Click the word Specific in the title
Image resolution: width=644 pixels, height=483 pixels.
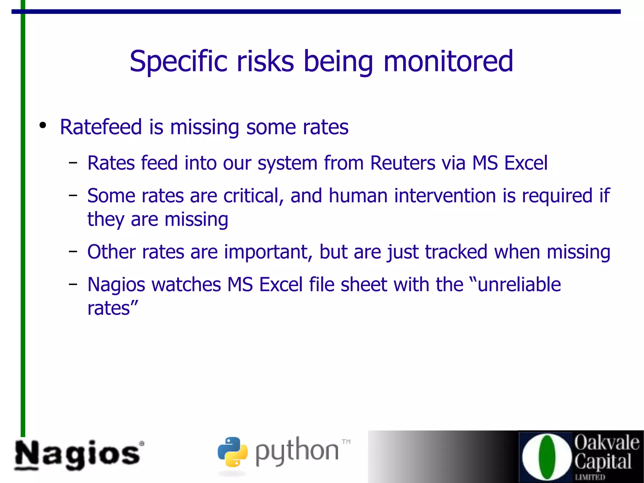pos(178,61)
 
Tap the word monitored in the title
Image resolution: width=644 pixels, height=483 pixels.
pos(448,61)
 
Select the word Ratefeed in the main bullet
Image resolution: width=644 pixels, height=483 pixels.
pos(101,127)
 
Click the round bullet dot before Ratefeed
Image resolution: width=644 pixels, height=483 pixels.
pos(43,125)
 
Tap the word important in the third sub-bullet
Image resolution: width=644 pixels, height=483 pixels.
pos(268,252)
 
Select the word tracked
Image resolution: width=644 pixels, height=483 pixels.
pos(456,252)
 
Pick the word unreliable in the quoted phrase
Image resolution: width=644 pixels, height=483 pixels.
pos(519,285)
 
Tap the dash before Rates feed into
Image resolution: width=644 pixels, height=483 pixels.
pos(73,163)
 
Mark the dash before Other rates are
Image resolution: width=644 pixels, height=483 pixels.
pos(73,252)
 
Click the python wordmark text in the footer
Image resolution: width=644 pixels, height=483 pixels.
pos(297,452)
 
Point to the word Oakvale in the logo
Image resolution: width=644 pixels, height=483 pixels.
pos(607,443)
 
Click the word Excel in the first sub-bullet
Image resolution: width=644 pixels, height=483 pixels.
pos(526,163)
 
